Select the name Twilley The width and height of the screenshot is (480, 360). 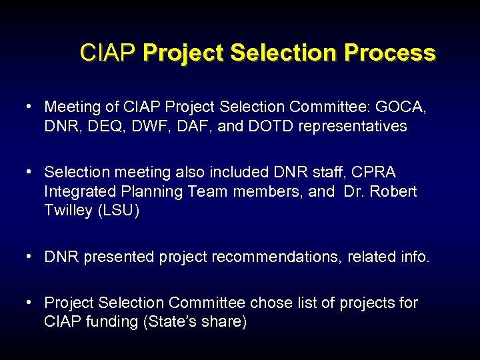(69, 211)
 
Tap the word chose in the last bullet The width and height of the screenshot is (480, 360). (270, 303)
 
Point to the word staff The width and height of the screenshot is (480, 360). (316, 172)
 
